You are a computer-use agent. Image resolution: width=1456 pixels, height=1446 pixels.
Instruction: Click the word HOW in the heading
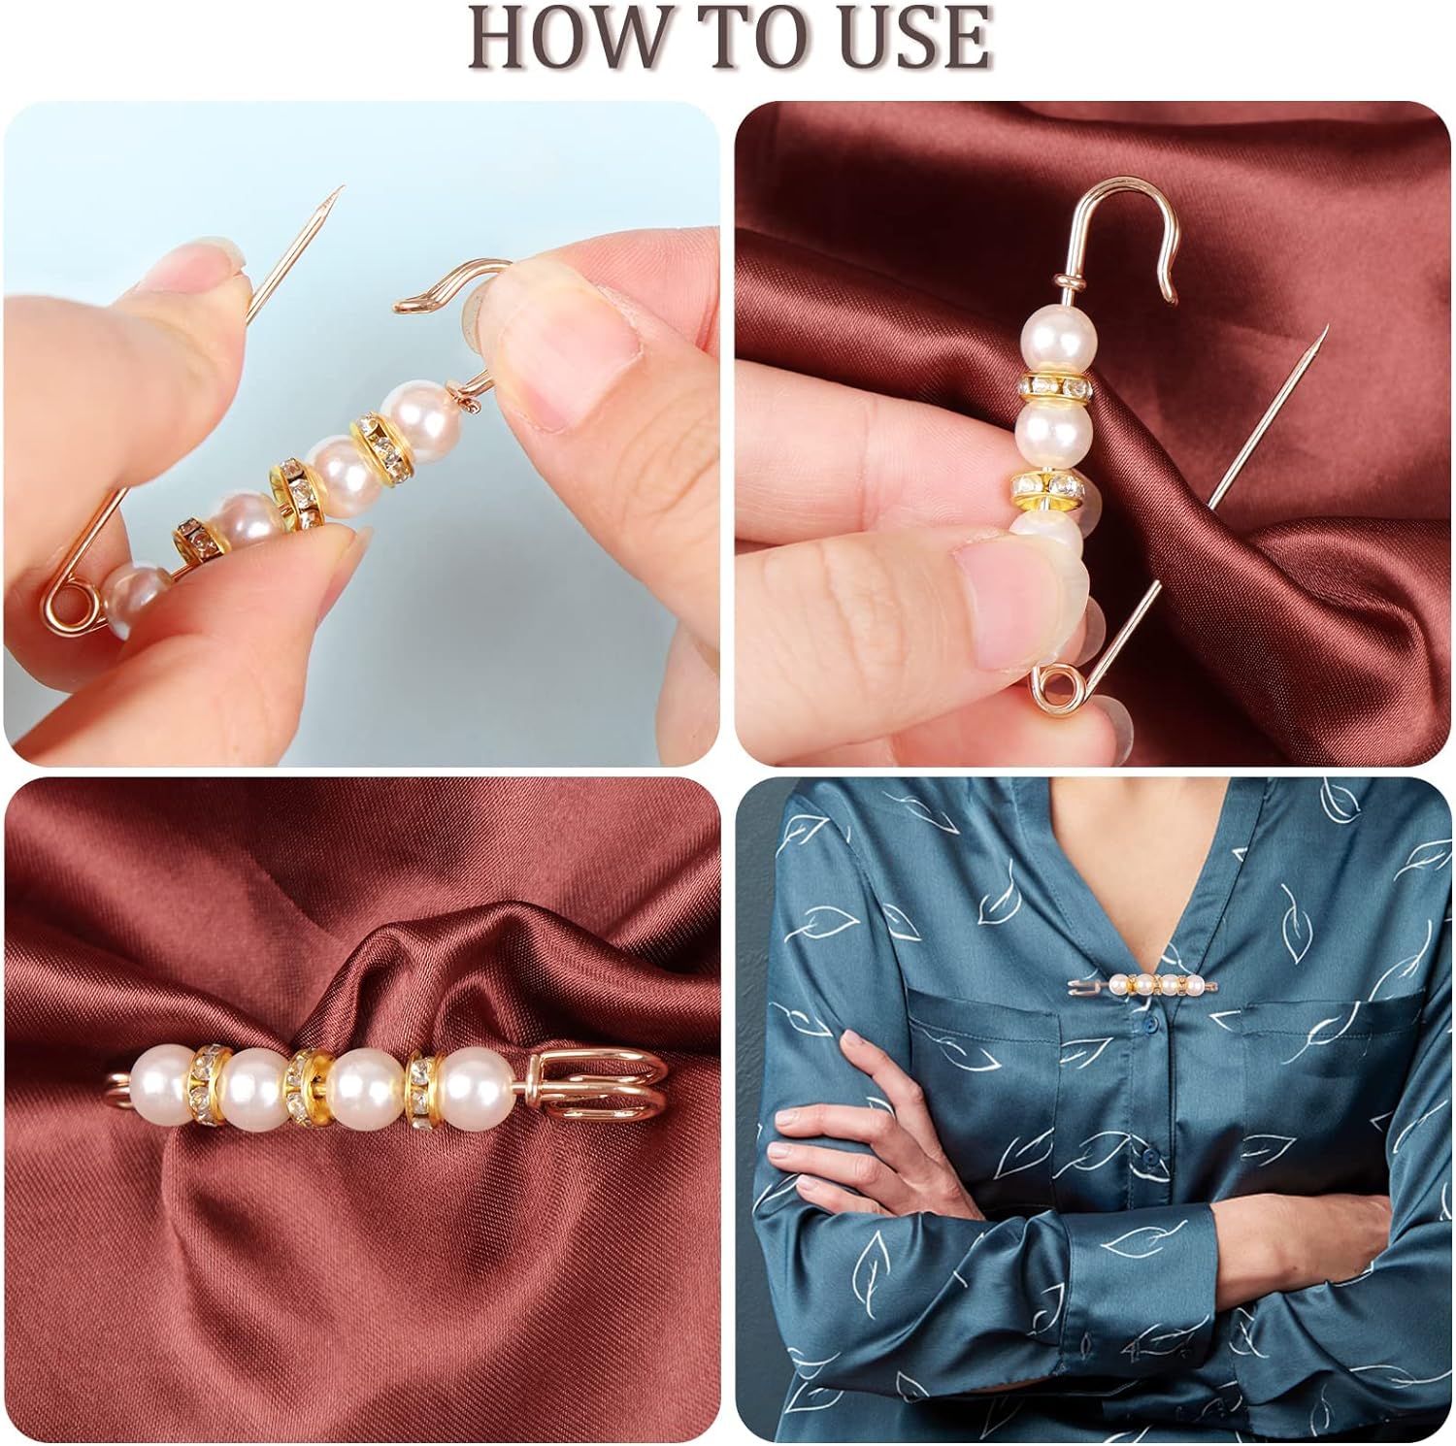pyautogui.click(x=564, y=37)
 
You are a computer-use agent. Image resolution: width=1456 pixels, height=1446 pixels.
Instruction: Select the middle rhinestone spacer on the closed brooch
pyautogui.click(x=308, y=1084)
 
